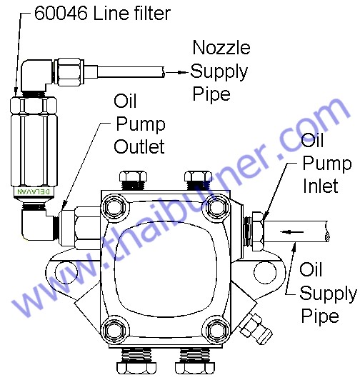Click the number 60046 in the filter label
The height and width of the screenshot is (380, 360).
(x=61, y=13)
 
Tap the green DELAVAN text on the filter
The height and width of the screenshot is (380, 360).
(x=34, y=191)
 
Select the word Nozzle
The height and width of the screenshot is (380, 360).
(x=221, y=47)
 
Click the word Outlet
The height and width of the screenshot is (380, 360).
(x=139, y=146)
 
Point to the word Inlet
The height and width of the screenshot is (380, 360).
(x=321, y=186)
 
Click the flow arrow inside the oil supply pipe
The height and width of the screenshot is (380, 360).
(x=291, y=232)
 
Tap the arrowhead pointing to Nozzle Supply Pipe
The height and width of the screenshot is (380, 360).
(x=182, y=72)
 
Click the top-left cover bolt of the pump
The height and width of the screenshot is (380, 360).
(x=114, y=206)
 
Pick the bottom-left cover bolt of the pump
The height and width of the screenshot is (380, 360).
(x=114, y=330)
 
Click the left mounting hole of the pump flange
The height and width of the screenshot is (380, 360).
(x=66, y=272)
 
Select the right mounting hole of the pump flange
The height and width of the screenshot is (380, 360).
(x=265, y=272)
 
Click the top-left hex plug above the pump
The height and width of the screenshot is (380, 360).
(x=133, y=180)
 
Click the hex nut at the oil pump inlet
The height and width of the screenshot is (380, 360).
(x=257, y=231)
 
